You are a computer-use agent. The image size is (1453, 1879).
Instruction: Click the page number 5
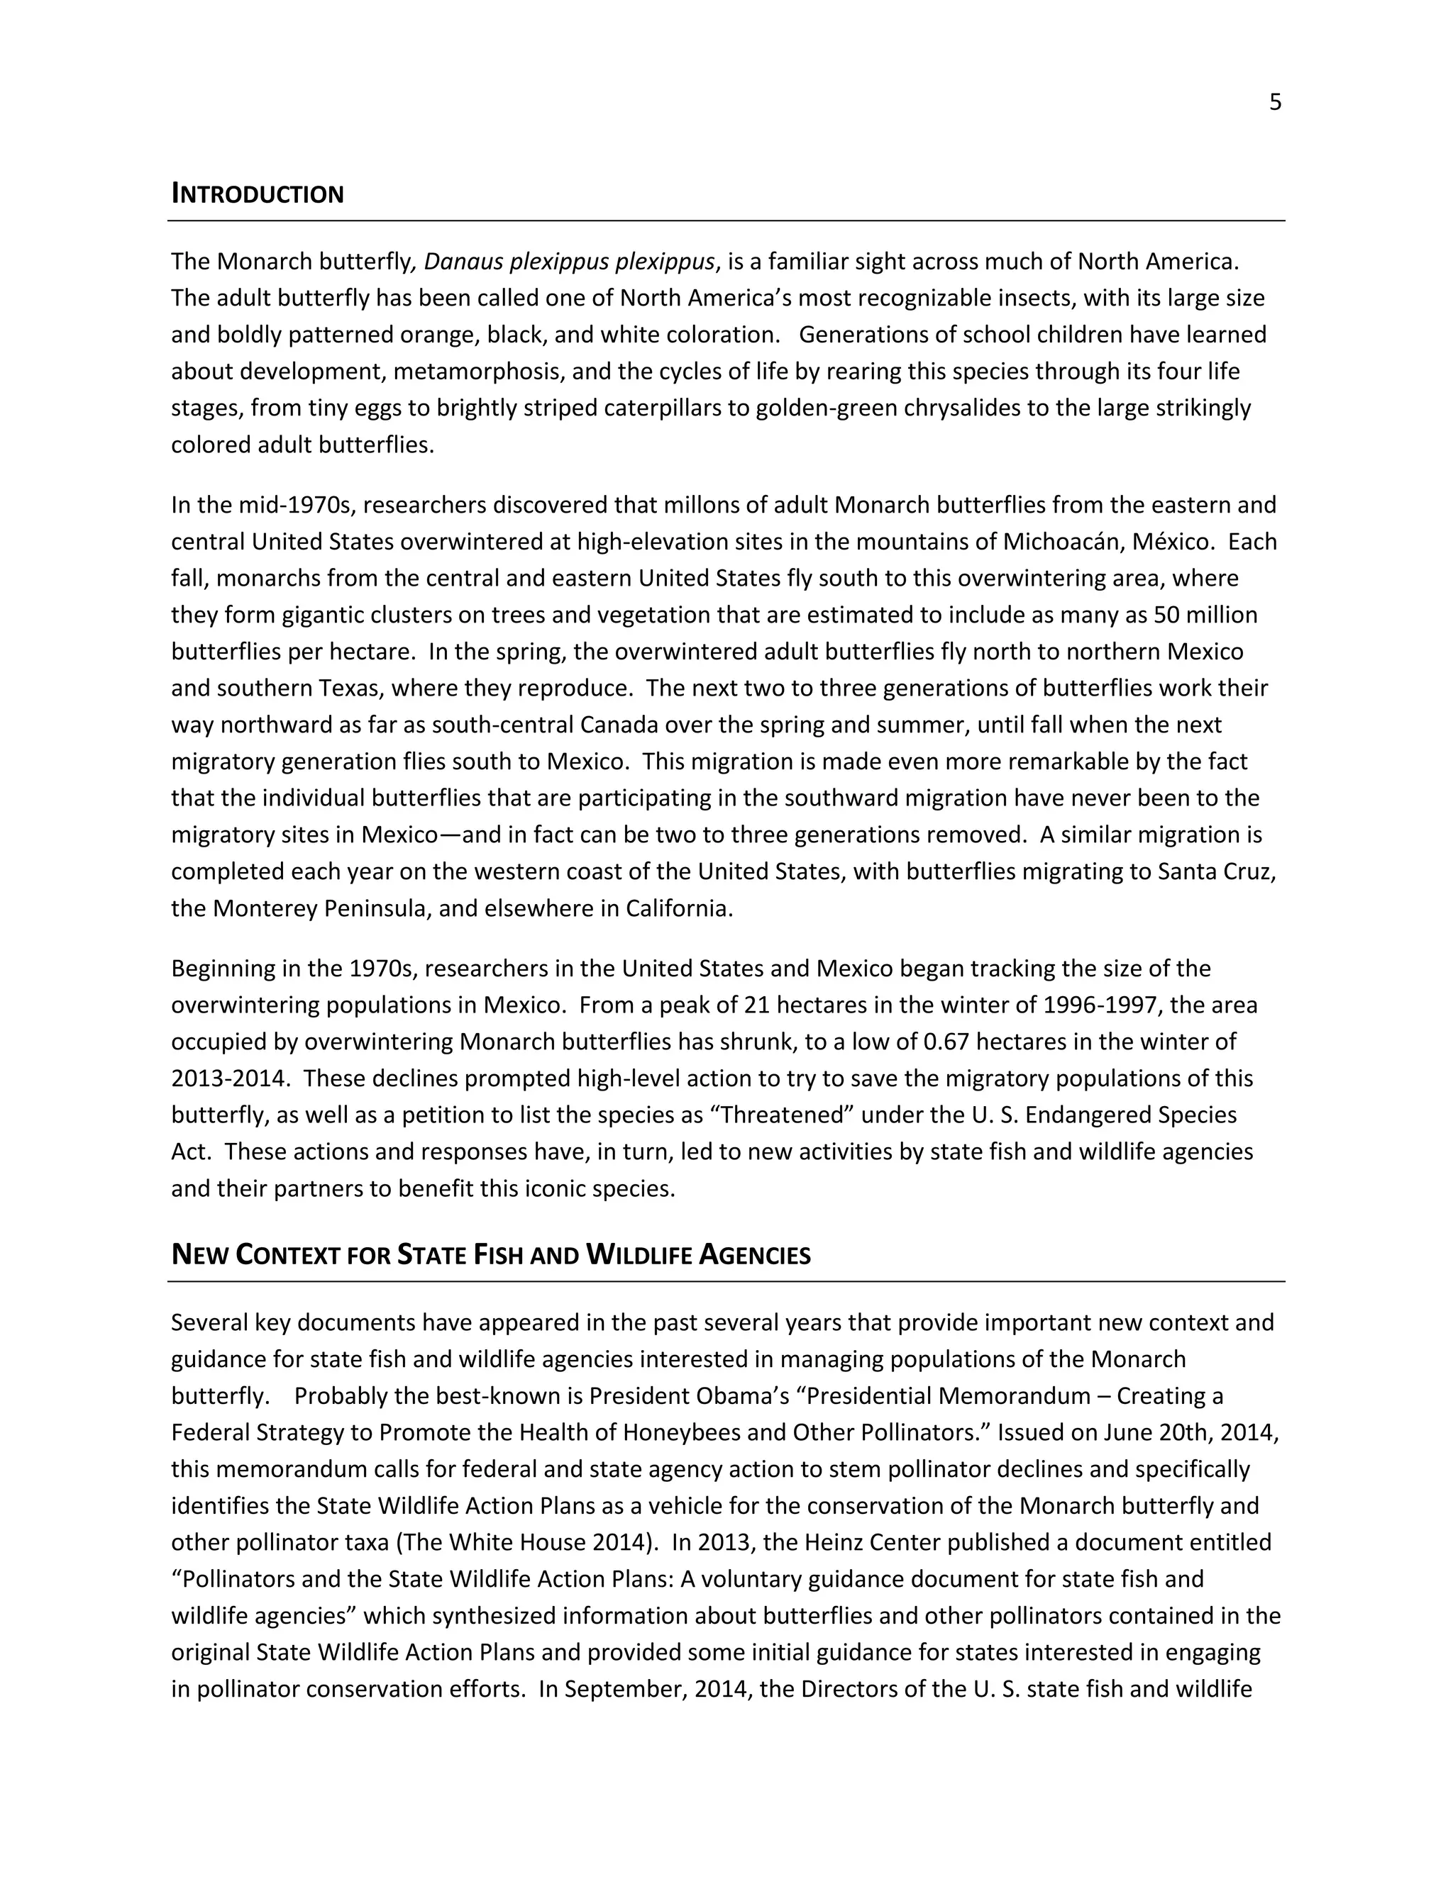click(x=1275, y=102)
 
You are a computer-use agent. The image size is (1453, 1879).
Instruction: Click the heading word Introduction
click(x=258, y=194)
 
